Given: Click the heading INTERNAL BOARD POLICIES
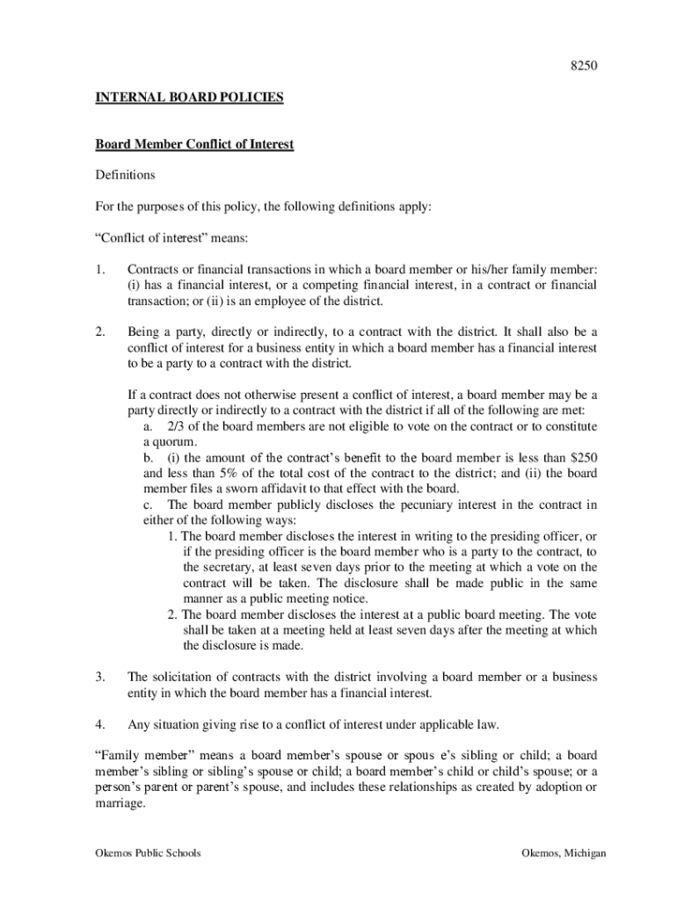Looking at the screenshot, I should pyautogui.click(x=189, y=98).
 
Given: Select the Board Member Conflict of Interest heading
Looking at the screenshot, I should pyautogui.click(x=194, y=144).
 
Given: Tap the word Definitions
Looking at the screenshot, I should pyautogui.click(x=125, y=175).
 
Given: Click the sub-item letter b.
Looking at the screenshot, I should pyautogui.click(x=147, y=458).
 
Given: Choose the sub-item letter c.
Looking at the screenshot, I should pyautogui.click(x=147, y=505).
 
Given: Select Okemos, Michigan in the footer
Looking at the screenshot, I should pyautogui.click(x=563, y=853).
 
